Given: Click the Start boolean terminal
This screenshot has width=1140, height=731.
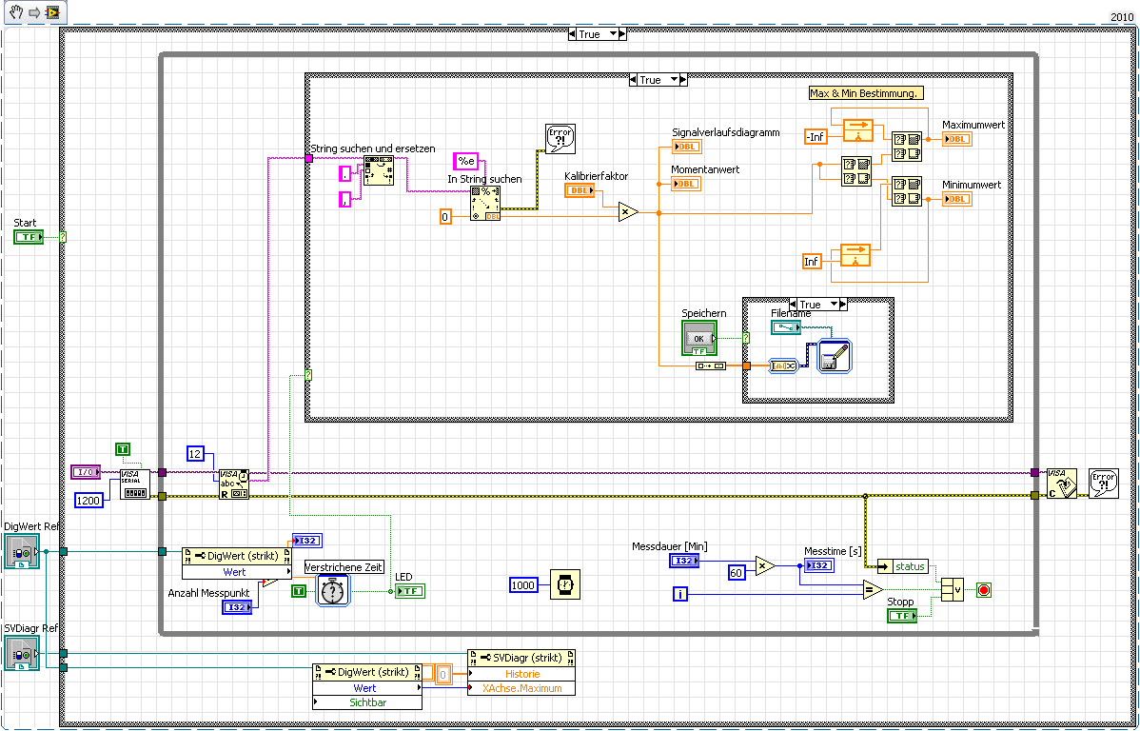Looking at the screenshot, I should pyautogui.click(x=29, y=237).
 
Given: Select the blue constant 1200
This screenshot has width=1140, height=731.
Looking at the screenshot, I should pyautogui.click(x=88, y=500).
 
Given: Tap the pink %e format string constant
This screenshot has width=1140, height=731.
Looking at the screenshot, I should pyautogui.click(x=466, y=161).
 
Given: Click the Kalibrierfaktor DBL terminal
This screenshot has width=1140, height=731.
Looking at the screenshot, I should pyautogui.click(x=579, y=190).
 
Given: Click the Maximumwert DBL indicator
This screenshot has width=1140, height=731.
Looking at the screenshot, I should pyautogui.click(x=955, y=139).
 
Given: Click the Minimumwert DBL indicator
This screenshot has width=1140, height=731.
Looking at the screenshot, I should pyautogui.click(x=955, y=199).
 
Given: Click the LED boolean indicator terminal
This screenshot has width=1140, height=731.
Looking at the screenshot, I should pyautogui.click(x=410, y=591).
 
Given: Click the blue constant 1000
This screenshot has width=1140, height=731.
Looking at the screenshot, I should pyautogui.click(x=524, y=584).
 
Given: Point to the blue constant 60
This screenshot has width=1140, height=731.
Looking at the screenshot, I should pyautogui.click(x=736, y=572).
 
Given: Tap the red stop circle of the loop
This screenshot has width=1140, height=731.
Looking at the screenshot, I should pyautogui.click(x=983, y=590).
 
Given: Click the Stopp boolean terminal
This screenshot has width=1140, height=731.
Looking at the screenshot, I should pyautogui.click(x=901, y=616).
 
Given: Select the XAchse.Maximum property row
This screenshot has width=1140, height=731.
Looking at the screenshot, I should pyautogui.click(x=521, y=688).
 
